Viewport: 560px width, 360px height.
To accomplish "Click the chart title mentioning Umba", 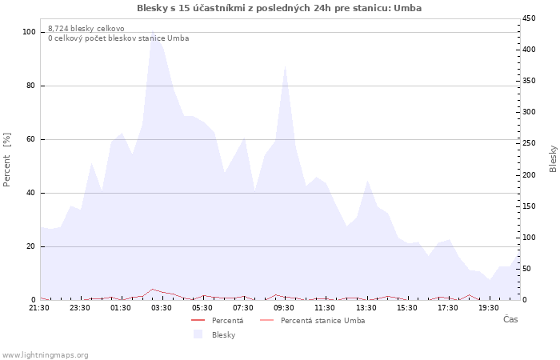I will click(x=279, y=8).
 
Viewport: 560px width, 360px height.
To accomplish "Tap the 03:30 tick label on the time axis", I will click(x=162, y=308).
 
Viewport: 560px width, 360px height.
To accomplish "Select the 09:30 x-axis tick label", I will click(x=284, y=308).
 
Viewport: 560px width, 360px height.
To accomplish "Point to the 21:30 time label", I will click(x=40, y=308).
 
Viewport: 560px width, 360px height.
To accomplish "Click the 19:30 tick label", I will click(x=488, y=308).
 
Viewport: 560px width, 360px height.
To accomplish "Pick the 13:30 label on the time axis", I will click(x=366, y=308).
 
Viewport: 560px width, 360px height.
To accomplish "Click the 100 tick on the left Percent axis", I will click(x=30, y=32).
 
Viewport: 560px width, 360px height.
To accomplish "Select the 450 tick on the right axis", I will click(x=530, y=18).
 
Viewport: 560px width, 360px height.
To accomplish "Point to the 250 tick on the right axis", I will click(x=530, y=143).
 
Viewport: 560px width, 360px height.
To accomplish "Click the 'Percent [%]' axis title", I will click(x=7, y=159).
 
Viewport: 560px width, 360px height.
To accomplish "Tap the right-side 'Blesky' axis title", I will click(x=553, y=158).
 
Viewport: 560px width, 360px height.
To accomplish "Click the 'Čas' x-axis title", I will click(x=510, y=320).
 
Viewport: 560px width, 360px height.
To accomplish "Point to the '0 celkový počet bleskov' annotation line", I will click(x=118, y=38).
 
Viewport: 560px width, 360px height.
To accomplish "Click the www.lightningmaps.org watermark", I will click(x=45, y=355).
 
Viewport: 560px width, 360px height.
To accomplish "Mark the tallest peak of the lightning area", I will click(x=153, y=31).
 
